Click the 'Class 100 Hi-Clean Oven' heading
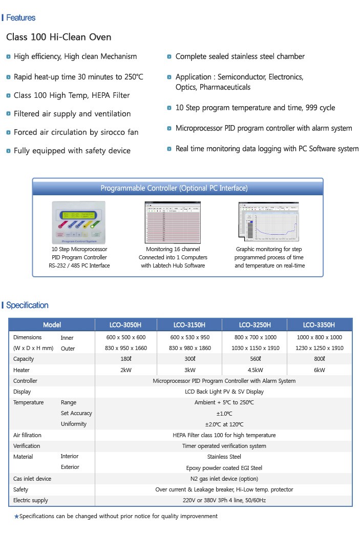(58, 37)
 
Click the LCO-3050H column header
(125, 325)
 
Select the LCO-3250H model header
(255, 325)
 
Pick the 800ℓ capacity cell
(319, 359)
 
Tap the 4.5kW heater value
(255, 370)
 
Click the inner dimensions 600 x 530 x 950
(189, 337)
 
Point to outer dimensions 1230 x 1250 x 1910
(319, 348)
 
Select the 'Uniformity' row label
(74, 424)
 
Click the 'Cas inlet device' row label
(32, 479)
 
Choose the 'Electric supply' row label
(31, 500)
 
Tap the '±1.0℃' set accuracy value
(224, 414)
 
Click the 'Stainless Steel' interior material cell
(224, 457)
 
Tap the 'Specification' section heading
(27, 305)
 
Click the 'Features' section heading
(20, 18)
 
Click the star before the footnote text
(16, 517)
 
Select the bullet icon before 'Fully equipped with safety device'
(8, 151)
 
